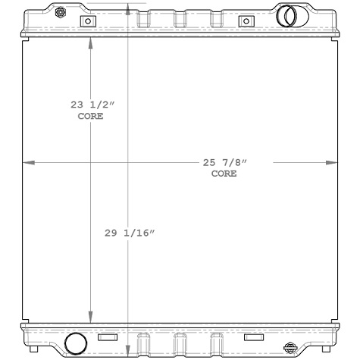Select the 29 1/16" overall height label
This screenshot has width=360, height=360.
tap(130, 234)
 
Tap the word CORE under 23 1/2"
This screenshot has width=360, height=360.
tap(91, 117)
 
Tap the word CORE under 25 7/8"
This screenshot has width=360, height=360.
tap(224, 174)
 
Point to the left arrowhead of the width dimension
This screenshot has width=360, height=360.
tap(28, 162)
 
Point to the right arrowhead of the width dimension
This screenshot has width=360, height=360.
tap(332, 162)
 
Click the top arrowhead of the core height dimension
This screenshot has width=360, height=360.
tap(92, 42)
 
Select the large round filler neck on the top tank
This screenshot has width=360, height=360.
tap(288, 16)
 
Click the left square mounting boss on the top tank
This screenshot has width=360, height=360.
tap(88, 21)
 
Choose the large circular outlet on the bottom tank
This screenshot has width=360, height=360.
tap(76, 343)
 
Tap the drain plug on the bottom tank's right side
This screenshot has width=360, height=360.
tap(290, 347)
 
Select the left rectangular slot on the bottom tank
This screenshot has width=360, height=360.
tap(108, 337)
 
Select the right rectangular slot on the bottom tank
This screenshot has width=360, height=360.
tap(253, 337)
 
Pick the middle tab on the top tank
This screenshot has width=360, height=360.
tap(180, 17)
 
